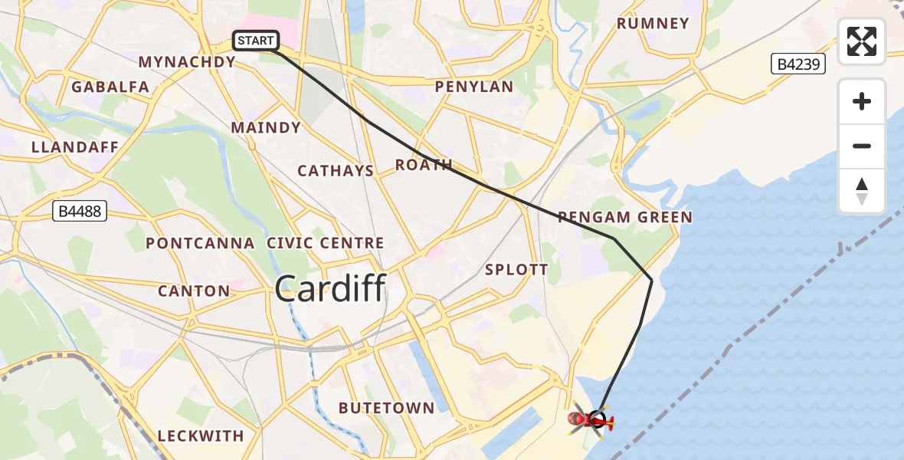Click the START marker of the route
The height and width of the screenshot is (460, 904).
click(x=256, y=41)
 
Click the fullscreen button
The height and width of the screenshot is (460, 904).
click(x=862, y=41)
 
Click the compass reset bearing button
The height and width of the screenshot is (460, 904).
click(x=862, y=191)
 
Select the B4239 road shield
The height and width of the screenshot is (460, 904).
click(x=798, y=64)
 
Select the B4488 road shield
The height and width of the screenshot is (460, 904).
click(x=80, y=211)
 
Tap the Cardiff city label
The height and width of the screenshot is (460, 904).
click(x=329, y=289)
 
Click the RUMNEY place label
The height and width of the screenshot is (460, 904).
click(x=653, y=24)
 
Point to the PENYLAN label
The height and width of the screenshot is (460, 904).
click(x=473, y=87)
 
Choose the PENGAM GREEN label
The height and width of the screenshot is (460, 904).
click(x=624, y=218)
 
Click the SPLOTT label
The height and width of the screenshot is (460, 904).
click(x=516, y=270)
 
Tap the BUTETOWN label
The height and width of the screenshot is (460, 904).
click(x=386, y=408)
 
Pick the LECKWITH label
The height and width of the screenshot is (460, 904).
click(x=201, y=435)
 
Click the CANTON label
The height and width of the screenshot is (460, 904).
click(x=194, y=291)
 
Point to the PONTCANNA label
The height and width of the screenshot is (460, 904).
click(x=200, y=244)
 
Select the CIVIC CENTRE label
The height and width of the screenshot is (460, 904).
click(x=326, y=244)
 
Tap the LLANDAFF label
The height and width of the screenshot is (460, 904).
click(x=75, y=147)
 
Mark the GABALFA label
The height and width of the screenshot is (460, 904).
click(x=110, y=87)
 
